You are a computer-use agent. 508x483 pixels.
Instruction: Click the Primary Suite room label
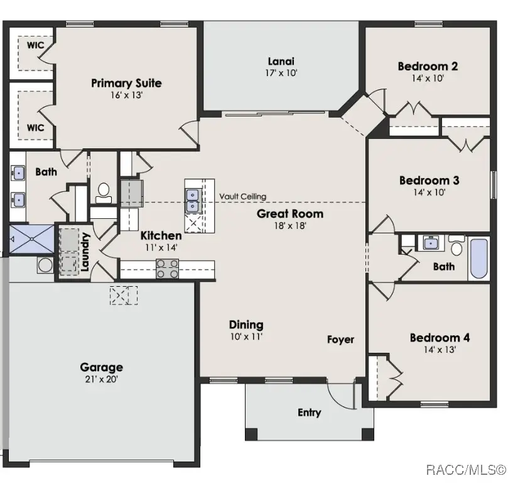pyautogui.click(x=126, y=83)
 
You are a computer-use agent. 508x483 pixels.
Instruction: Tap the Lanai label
pyautogui.click(x=281, y=62)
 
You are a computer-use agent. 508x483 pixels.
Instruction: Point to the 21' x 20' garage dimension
pyautogui.click(x=101, y=379)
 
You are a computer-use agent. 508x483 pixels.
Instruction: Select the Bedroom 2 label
pyautogui.click(x=428, y=66)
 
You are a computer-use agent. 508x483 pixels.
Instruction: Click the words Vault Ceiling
pyautogui.click(x=242, y=197)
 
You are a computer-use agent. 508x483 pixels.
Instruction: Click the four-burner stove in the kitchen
pyautogui.click(x=167, y=269)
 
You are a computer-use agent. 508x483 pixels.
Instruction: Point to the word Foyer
pyautogui.click(x=340, y=340)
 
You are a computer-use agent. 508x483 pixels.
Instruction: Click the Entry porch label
pyautogui.click(x=309, y=413)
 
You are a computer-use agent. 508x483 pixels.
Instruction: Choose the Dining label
pyautogui.click(x=246, y=325)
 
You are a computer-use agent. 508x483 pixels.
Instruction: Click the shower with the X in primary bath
pyautogui.click(x=31, y=238)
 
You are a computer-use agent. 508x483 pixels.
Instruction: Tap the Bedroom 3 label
pyautogui.click(x=429, y=181)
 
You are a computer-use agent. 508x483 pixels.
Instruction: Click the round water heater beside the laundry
pyautogui.click(x=45, y=265)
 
